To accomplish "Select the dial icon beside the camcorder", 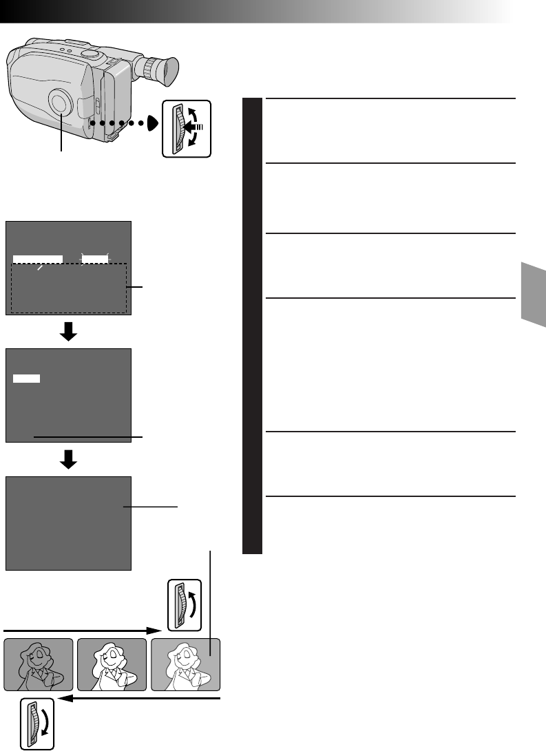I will point(186,129).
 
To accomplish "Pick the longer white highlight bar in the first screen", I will point(38,259).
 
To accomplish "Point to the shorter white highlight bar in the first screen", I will point(95,259).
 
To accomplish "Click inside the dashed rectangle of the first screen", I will point(69,289).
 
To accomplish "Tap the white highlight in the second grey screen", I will point(27,378).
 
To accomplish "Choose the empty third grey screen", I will point(68,522).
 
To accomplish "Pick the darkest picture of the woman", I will point(39,664).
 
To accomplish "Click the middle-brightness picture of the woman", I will point(112,664).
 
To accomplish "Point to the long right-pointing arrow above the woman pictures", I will point(83,628).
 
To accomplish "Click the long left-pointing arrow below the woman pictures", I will point(138,699).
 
